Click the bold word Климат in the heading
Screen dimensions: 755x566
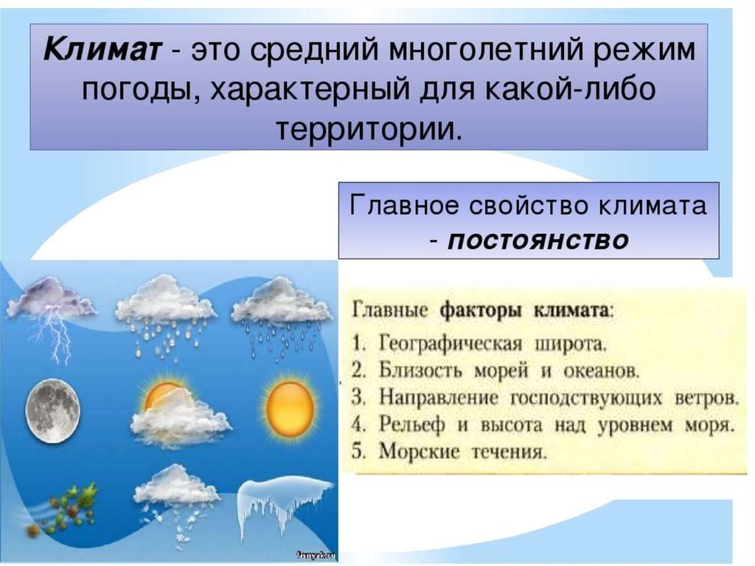[101, 51]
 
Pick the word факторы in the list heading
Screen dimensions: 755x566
[481, 311]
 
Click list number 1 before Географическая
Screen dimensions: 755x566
[360, 344]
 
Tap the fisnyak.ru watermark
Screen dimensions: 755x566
[316, 556]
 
